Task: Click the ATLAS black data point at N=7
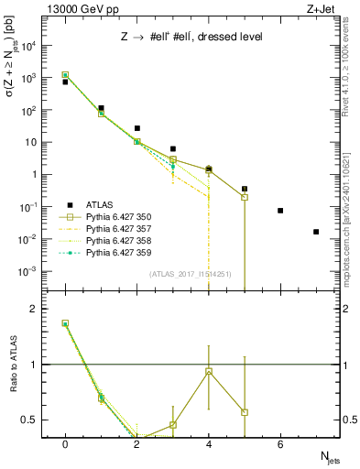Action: [x=316, y=232]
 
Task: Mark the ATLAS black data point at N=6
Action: [x=280, y=211]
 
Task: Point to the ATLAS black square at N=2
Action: [x=137, y=128]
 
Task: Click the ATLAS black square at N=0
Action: [x=65, y=82]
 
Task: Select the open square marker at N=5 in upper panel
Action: [x=245, y=197]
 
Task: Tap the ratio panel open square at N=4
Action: [x=209, y=371]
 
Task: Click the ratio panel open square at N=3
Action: [x=173, y=424]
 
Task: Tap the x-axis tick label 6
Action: [x=280, y=444]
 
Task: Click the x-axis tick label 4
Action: [x=209, y=444]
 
